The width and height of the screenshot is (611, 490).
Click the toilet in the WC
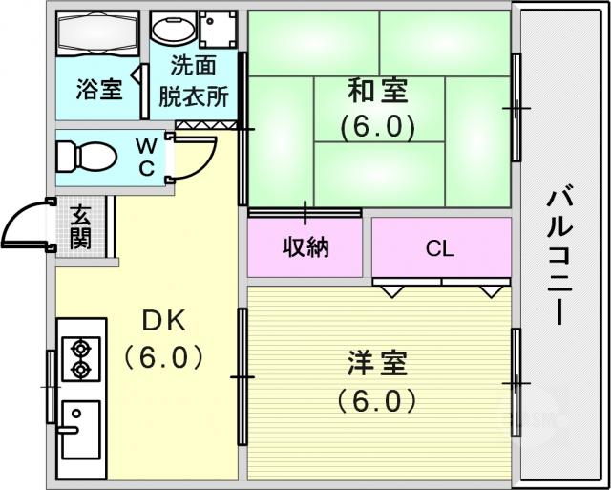pos(87,157)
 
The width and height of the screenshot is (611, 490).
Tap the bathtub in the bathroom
pos(97,34)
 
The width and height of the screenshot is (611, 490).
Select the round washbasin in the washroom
pos(174,29)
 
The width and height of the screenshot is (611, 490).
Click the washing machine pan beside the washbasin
pos(219,30)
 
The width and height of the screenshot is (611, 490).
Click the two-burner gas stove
pos(81,358)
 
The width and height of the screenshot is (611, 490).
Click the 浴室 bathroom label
pos(99,89)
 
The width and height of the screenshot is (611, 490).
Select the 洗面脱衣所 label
pos(194,83)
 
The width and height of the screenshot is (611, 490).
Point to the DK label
pos(163,323)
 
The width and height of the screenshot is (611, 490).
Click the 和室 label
pos(377,90)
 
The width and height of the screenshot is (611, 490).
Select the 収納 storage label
pos(305,247)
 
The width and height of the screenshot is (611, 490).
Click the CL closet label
pos(440,248)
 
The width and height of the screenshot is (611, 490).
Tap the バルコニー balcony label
pos(559,258)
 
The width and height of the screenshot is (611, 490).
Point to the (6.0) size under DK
pos(163,357)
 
